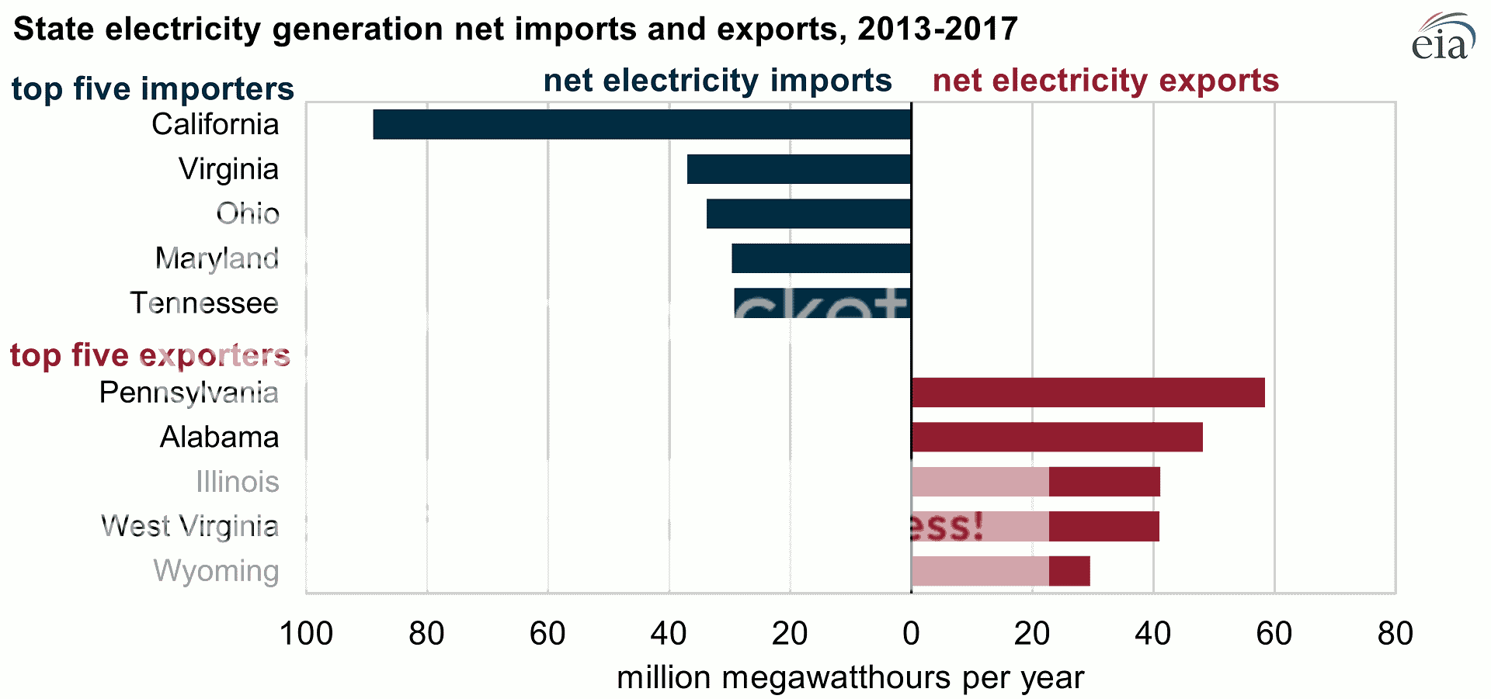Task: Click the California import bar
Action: point(641,124)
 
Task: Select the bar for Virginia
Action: point(798,169)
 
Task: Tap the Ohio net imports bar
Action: point(808,214)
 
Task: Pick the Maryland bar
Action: point(821,258)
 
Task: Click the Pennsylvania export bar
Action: point(1088,393)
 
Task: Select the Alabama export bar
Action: point(1057,438)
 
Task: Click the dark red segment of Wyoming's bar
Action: point(1069,572)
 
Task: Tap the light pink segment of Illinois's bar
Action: point(980,482)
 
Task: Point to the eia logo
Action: point(1443,38)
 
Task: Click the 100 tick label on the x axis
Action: point(306,634)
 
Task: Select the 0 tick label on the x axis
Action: point(911,634)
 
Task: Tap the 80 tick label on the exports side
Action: point(1395,634)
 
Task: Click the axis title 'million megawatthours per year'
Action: point(850,678)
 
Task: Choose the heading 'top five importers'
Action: point(153,88)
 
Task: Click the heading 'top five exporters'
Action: point(150,355)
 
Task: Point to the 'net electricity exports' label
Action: point(1105,81)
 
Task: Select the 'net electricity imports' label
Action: point(718,81)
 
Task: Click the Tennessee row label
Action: point(204,303)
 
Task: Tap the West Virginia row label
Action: point(190,527)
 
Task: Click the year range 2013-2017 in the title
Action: point(937,29)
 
